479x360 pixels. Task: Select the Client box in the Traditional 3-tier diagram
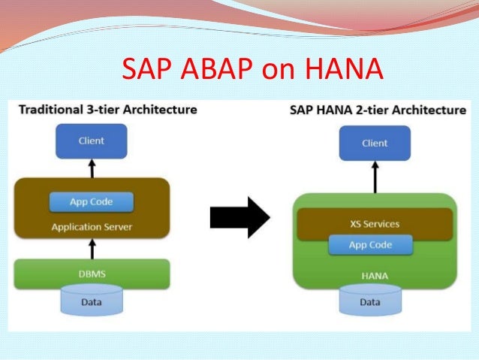[x=92, y=141]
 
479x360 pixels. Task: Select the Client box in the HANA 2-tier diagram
[x=375, y=143]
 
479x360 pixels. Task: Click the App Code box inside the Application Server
[x=92, y=202]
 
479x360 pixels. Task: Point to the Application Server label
[x=92, y=226]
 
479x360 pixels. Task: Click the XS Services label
[x=375, y=224]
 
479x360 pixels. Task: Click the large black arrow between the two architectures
[x=239, y=218]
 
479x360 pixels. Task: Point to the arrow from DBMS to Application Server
[x=92, y=249]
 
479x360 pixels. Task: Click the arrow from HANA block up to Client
[x=375, y=177]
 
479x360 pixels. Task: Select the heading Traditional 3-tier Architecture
[x=107, y=110]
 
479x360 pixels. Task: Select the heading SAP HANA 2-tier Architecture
[x=378, y=110]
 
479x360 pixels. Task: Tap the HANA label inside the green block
[x=375, y=276]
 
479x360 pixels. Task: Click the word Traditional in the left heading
[x=47, y=110]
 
